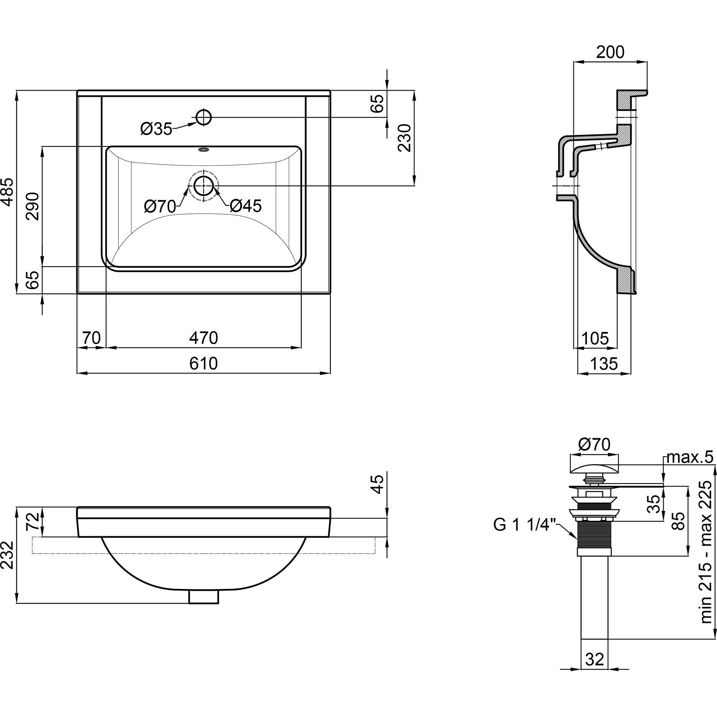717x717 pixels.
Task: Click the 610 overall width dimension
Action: tap(203, 364)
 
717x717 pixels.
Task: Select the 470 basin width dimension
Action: tap(203, 338)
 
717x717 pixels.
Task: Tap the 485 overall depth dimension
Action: tap(8, 192)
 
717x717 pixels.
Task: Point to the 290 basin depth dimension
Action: tap(33, 206)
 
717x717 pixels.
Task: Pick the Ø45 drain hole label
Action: tap(245, 206)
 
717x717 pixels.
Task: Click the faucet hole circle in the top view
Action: tap(204, 117)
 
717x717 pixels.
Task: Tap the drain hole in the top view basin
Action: tap(204, 186)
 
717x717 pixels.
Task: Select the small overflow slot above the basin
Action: tap(203, 150)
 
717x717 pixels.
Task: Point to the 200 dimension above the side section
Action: tap(610, 52)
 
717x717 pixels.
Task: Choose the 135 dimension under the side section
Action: tap(604, 364)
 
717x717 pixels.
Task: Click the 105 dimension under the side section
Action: tap(594, 338)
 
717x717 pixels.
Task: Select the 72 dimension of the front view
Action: tap(33, 522)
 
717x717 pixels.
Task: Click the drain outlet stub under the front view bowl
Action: tap(204, 596)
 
